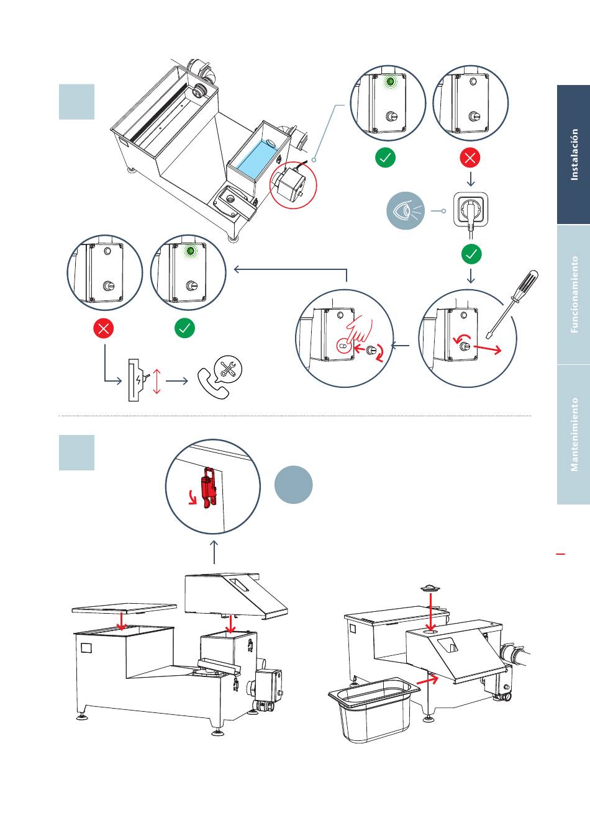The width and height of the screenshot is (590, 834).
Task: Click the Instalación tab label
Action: (x=574, y=155)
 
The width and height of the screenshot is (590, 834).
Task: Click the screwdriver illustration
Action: (x=512, y=304)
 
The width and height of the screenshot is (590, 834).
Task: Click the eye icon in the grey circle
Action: (x=406, y=211)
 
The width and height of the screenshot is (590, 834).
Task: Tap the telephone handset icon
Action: (x=212, y=384)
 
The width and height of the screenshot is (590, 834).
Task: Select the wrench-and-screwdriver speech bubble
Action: (x=228, y=369)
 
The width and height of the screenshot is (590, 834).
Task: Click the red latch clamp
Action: (x=208, y=488)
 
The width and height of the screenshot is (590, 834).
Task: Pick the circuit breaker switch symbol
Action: (x=137, y=380)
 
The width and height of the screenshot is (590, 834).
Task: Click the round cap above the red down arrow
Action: (x=430, y=588)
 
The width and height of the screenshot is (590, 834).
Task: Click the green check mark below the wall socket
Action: (x=471, y=254)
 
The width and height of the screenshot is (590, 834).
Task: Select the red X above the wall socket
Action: (x=470, y=158)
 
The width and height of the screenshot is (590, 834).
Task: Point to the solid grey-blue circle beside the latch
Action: (x=293, y=485)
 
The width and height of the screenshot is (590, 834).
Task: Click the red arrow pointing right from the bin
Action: (x=427, y=678)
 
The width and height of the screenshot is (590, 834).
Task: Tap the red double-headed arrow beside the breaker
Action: (x=157, y=381)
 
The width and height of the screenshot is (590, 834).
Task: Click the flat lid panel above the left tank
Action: (x=124, y=608)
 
